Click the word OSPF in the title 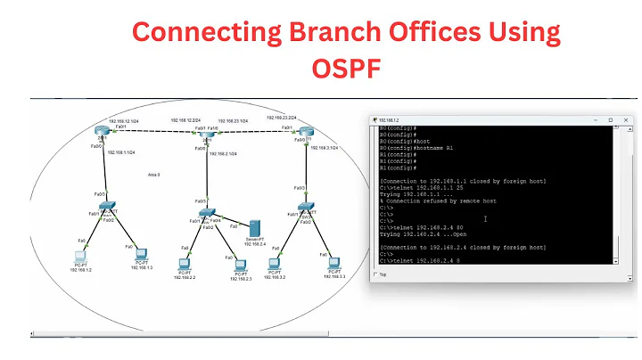point(347,69)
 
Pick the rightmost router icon point(306,134)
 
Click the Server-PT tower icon point(254,227)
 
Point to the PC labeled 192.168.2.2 point(185,264)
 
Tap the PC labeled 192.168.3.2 point(277,264)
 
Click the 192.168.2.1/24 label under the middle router point(223,154)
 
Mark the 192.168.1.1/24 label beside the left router point(120,152)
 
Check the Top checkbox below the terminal point(375,274)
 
